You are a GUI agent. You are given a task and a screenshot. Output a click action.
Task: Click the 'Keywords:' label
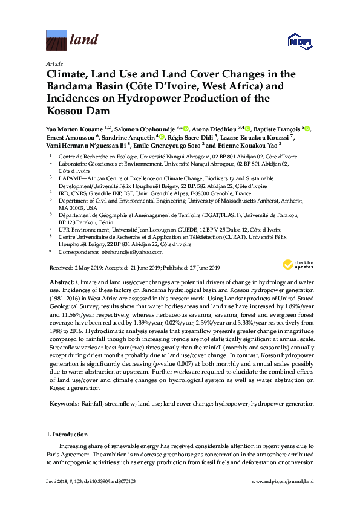click(64, 403)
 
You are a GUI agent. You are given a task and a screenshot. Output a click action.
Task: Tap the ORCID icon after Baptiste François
click(309, 128)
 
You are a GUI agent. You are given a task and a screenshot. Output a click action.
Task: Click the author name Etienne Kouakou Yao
click(250, 146)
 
